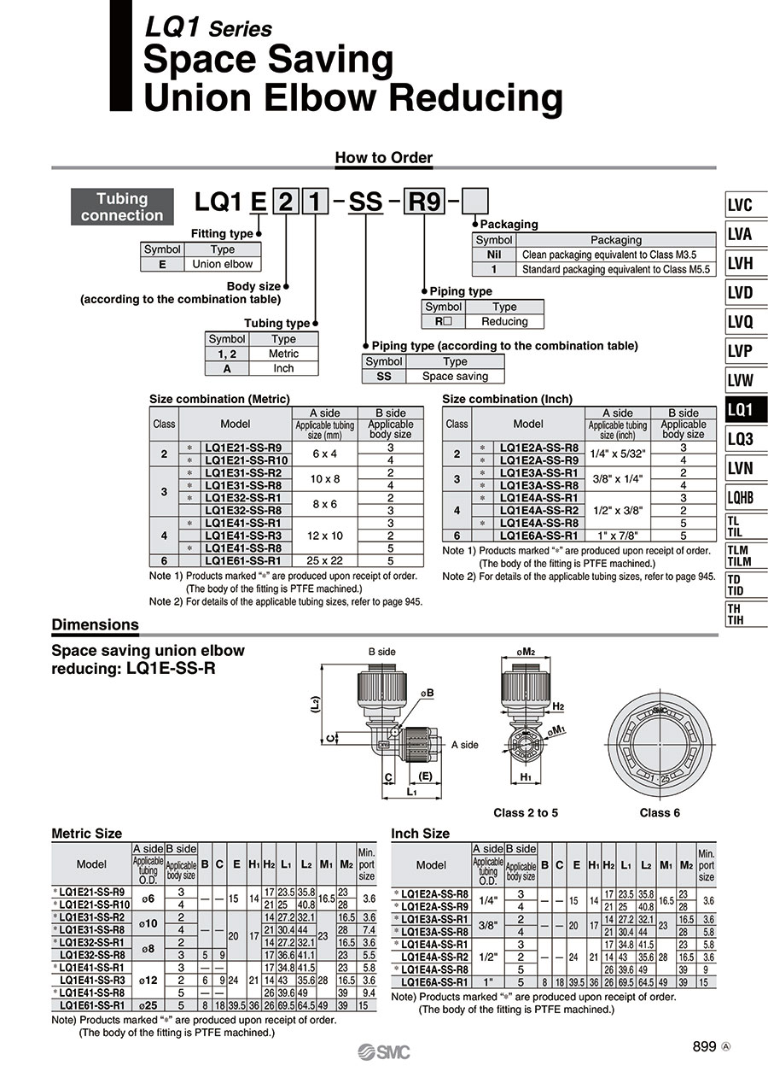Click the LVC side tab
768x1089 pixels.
pos(746,205)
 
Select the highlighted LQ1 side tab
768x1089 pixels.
pos(746,409)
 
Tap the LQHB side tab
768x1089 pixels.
pos(746,497)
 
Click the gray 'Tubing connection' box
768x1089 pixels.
pos(122,207)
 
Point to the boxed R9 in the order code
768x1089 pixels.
pos(424,202)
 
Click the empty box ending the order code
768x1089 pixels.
pos(474,202)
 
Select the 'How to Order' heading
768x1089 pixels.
pos(383,157)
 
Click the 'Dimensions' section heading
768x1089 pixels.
pos(96,624)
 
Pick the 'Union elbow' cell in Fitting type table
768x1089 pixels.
pos(222,264)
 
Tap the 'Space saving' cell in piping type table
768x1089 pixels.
pos(455,376)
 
